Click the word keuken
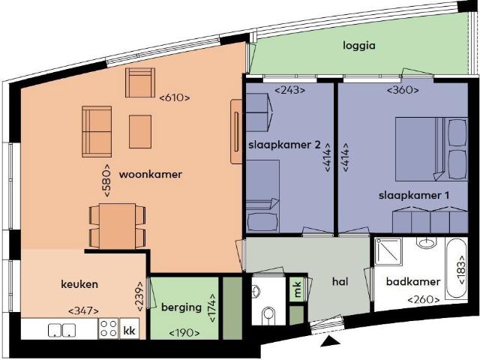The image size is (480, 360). coord(79,284)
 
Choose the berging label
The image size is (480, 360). coord(181,307)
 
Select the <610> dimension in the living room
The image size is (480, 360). coord(175,97)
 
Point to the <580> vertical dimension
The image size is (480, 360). coord(107,180)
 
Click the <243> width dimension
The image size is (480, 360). coord(289,91)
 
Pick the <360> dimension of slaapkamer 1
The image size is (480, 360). coord(402,91)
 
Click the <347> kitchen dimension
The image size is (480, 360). coord(82,310)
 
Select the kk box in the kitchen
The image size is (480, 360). coord(129,330)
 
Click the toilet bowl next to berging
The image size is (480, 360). coord(268,315)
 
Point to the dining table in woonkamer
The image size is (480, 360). coord(116,225)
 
